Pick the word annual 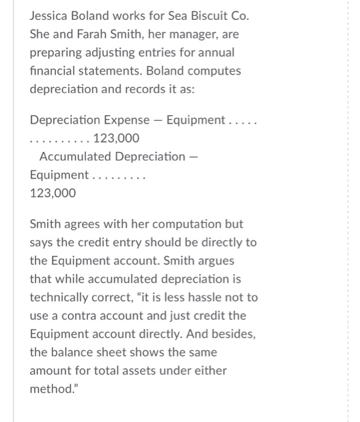pos(215,52)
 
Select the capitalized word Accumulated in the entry pos(75,157)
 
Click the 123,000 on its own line pos(53,193)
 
